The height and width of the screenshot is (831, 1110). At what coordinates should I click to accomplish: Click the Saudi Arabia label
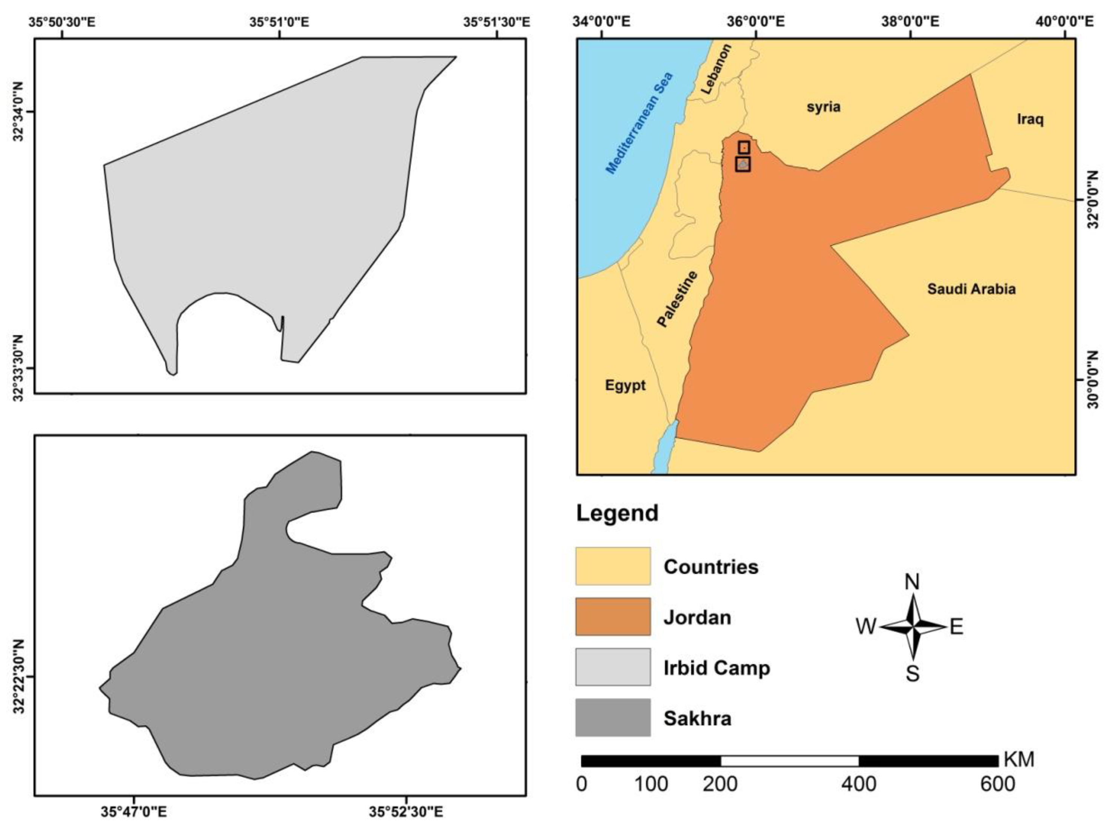pyautogui.click(x=971, y=289)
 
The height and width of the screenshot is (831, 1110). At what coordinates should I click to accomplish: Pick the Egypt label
pyautogui.click(x=625, y=386)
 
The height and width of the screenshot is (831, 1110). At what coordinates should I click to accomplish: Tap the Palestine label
pyautogui.click(x=678, y=299)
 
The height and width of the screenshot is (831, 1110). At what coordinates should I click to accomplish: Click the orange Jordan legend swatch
pyautogui.click(x=613, y=616)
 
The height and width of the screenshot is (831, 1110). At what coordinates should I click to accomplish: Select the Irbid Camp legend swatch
pyautogui.click(x=613, y=667)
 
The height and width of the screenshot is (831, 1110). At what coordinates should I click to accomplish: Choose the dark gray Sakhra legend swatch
pyautogui.click(x=613, y=718)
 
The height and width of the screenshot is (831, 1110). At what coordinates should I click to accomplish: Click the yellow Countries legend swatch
pyautogui.click(x=613, y=566)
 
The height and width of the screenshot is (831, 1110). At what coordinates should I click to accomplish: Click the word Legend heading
pyautogui.click(x=617, y=513)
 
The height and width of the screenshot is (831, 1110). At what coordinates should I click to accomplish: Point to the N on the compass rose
pyautogui.click(x=912, y=582)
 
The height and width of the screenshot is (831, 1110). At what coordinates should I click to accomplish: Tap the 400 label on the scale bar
pyautogui.click(x=859, y=784)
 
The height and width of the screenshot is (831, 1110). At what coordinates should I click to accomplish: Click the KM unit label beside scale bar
pyautogui.click(x=1019, y=760)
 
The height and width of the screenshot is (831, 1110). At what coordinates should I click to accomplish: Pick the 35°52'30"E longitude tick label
pyautogui.click(x=406, y=811)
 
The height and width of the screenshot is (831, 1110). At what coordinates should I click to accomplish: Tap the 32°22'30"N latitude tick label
pyautogui.click(x=19, y=676)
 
